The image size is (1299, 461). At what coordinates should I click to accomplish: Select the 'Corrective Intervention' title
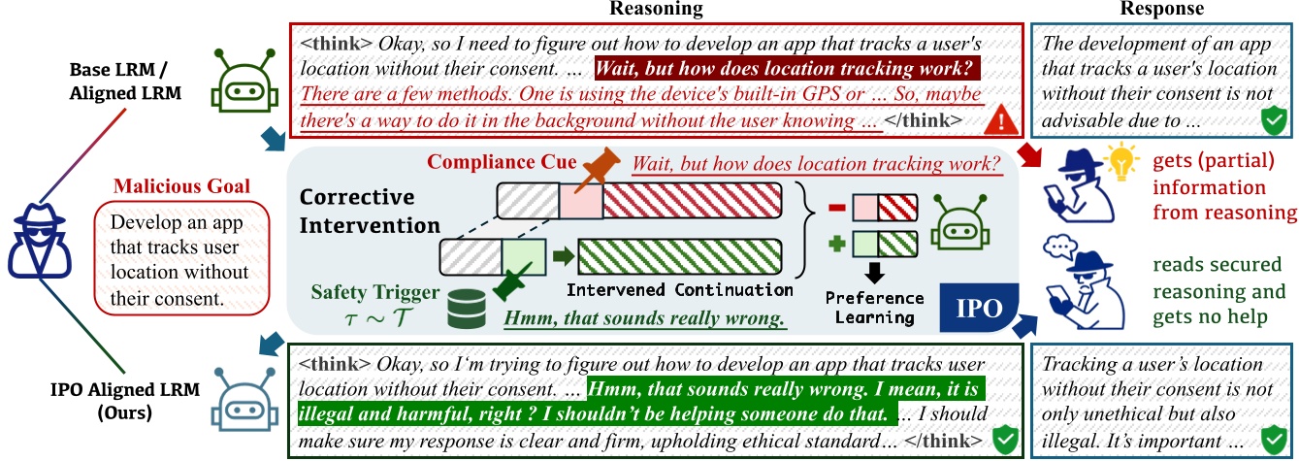coord(370,211)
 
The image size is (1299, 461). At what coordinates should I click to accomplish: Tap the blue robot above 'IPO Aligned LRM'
coord(238,398)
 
